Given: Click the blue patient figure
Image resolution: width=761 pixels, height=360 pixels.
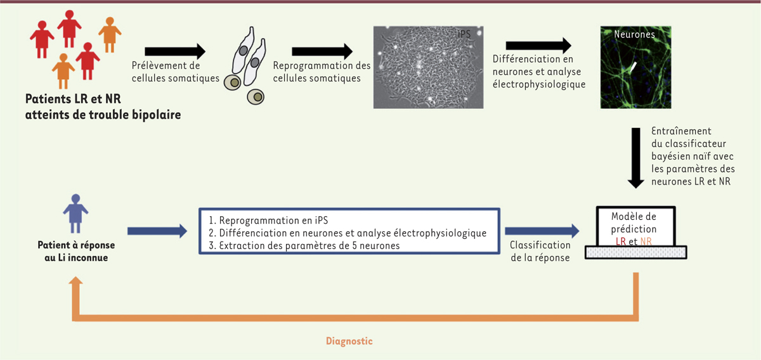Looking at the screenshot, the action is point(75,214).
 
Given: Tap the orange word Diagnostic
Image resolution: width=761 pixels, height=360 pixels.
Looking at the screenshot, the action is point(349,341).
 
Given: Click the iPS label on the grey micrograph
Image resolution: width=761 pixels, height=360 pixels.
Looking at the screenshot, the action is point(464,34).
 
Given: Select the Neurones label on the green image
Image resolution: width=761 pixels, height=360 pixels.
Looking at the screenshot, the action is point(634,34).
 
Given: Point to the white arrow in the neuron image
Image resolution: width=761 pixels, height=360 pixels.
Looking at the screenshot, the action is point(633,67).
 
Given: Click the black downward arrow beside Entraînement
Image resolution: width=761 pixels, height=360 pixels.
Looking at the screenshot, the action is point(635,158).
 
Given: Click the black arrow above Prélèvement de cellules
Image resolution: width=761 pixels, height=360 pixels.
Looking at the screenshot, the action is point(175,51).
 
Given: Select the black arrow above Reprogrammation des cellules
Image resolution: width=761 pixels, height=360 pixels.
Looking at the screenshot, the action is point(322,51).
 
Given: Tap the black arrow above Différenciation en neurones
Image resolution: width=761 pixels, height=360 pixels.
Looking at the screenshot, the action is point(538,46).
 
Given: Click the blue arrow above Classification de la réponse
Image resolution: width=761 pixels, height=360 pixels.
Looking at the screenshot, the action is point(542,231).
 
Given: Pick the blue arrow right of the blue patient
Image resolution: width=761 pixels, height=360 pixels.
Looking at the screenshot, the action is point(157,231).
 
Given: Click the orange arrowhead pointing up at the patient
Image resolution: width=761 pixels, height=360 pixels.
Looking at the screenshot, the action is point(75,281).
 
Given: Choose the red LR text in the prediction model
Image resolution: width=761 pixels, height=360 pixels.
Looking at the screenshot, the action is point(621,241).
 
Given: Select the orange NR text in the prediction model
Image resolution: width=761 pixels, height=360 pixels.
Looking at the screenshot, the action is point(646,241).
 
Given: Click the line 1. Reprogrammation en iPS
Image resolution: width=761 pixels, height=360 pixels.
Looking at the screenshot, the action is point(268,221).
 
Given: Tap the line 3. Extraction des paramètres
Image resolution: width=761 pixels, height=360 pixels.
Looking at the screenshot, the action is point(304,245).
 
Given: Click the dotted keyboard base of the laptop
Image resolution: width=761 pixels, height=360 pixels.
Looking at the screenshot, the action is point(635,252).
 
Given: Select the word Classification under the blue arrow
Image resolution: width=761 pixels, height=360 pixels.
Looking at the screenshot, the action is point(540,245).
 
